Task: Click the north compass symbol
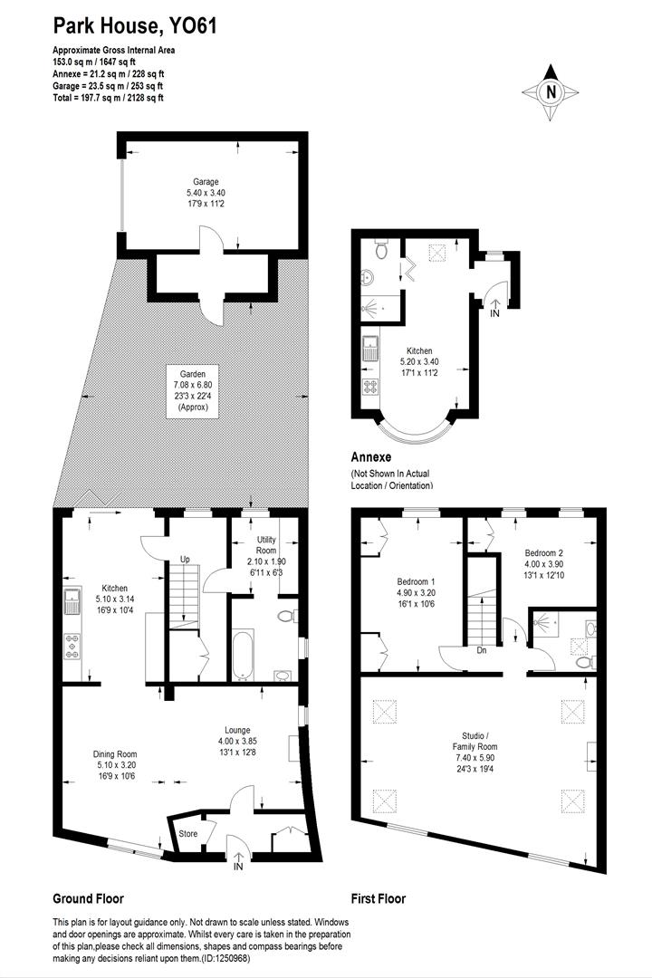(550, 91)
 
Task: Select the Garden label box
(193, 390)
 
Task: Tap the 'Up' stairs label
(185, 559)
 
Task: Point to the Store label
(187, 834)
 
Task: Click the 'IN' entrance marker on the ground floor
(238, 867)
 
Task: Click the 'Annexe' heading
(372, 458)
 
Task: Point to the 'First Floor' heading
(379, 899)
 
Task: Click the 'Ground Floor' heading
(89, 899)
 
